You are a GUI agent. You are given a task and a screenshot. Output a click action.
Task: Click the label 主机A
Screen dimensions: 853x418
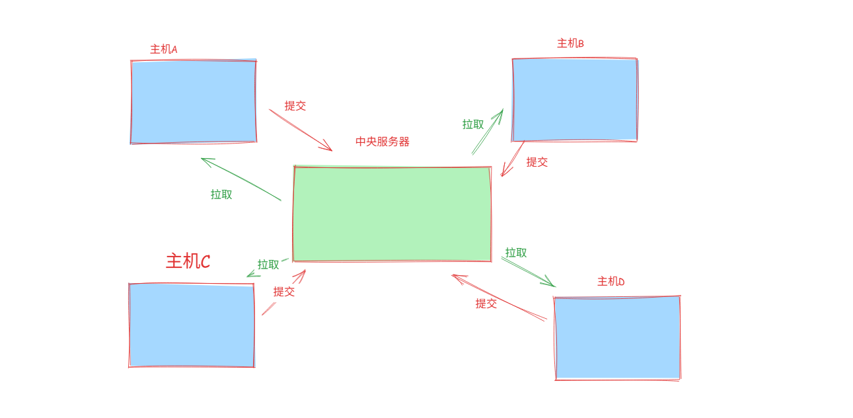pyautogui.click(x=163, y=50)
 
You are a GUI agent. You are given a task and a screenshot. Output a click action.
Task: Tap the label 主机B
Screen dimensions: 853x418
pyautogui.click(x=570, y=44)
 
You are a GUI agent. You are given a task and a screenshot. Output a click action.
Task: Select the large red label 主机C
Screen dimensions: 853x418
pyautogui.click(x=188, y=261)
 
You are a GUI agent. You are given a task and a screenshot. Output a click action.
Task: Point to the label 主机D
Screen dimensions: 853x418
pyautogui.click(x=611, y=282)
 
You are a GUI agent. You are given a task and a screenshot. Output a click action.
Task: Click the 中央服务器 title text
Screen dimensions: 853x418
pyautogui.click(x=382, y=142)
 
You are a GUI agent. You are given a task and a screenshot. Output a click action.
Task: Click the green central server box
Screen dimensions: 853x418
pyautogui.click(x=392, y=214)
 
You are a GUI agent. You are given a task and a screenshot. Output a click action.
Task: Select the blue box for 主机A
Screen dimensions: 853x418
pyautogui.click(x=193, y=101)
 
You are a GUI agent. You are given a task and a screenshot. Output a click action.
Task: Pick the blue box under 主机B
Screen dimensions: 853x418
pyautogui.click(x=574, y=99)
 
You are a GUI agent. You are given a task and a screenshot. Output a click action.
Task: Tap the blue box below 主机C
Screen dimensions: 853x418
pyautogui.click(x=192, y=325)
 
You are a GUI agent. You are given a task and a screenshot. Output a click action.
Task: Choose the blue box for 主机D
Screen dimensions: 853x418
pyautogui.click(x=617, y=337)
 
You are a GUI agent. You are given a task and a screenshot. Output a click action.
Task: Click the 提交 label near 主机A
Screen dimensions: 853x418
pyautogui.click(x=295, y=106)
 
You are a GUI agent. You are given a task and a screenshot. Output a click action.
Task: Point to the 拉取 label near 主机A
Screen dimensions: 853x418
pyautogui.click(x=221, y=194)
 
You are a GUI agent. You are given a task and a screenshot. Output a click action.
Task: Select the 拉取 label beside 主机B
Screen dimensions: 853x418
pyautogui.click(x=472, y=124)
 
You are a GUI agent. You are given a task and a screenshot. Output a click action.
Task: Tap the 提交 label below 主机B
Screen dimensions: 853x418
pyautogui.click(x=537, y=162)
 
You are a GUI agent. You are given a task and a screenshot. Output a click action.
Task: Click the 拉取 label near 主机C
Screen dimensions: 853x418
pyautogui.click(x=268, y=265)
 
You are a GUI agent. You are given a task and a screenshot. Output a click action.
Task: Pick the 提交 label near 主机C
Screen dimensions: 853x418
pyautogui.click(x=283, y=292)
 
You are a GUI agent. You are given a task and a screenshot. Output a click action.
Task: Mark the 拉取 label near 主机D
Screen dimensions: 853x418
pyautogui.click(x=515, y=253)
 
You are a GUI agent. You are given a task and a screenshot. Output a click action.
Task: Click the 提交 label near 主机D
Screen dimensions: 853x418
pyautogui.click(x=486, y=304)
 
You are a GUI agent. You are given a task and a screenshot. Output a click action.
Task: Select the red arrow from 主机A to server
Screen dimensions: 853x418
pyautogui.click(x=300, y=130)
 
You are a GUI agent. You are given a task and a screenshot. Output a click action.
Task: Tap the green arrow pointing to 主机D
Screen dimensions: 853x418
pyautogui.click(x=527, y=272)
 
